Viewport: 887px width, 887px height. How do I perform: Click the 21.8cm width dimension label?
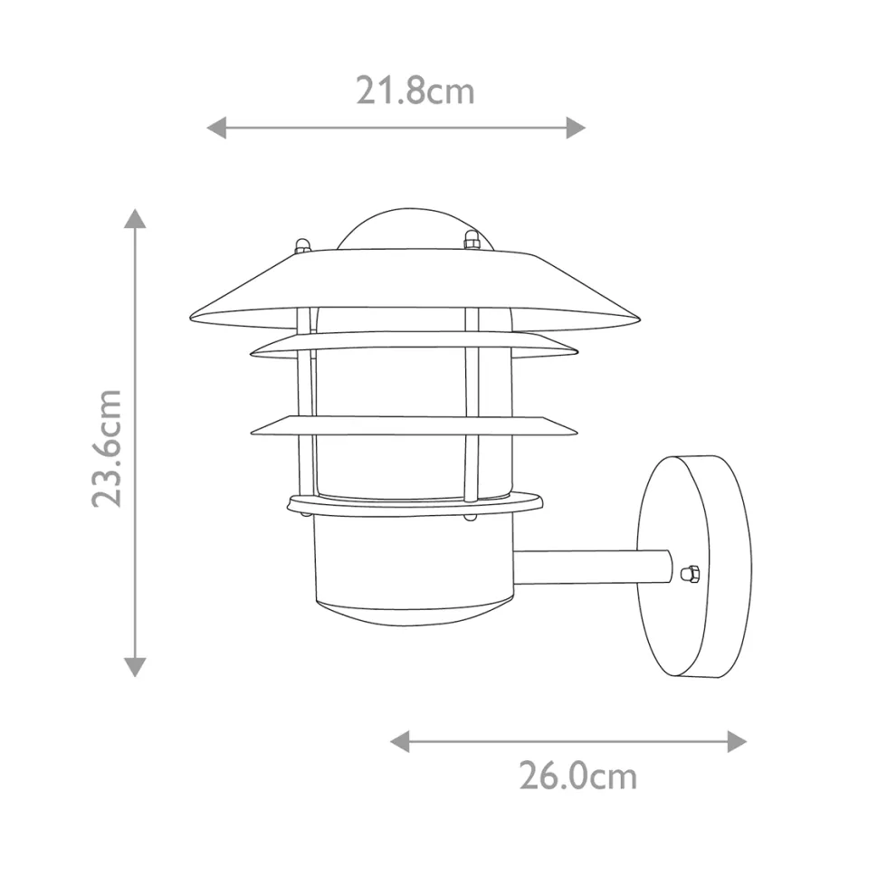pyautogui.click(x=415, y=91)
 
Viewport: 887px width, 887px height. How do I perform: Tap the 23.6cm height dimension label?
pyautogui.click(x=107, y=448)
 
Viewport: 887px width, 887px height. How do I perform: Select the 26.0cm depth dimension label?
pyautogui.click(x=578, y=776)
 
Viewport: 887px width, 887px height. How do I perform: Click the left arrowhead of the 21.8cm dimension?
pyautogui.click(x=216, y=128)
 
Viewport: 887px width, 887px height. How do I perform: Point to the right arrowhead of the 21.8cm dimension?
pyautogui.click(x=576, y=128)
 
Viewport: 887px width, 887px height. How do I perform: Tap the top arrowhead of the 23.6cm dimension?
pyautogui.click(x=135, y=218)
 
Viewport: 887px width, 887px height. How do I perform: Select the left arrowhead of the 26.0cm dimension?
pyautogui.click(x=400, y=741)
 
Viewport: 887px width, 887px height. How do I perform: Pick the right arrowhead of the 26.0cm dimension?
pyautogui.click(x=737, y=741)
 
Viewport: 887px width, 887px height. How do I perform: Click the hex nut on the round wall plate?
pyautogui.click(x=690, y=574)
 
